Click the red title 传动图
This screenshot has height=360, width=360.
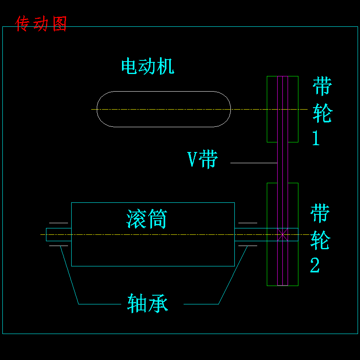[x=41, y=24]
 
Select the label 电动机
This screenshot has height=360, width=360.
[x=148, y=66]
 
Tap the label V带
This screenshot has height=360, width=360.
[x=203, y=159]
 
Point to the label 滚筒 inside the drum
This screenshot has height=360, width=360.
[x=146, y=219]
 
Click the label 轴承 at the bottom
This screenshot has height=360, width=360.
[x=148, y=303]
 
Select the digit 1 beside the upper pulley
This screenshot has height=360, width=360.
[x=316, y=138]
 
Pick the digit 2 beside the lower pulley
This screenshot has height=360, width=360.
[x=315, y=265]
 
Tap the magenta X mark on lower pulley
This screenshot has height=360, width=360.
[x=282, y=234]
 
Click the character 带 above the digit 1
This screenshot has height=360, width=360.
[x=322, y=86]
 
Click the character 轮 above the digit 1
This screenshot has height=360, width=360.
[x=322, y=113]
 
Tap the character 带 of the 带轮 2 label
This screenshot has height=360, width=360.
[x=320, y=213]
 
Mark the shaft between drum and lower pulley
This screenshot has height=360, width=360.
[x=250, y=234]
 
